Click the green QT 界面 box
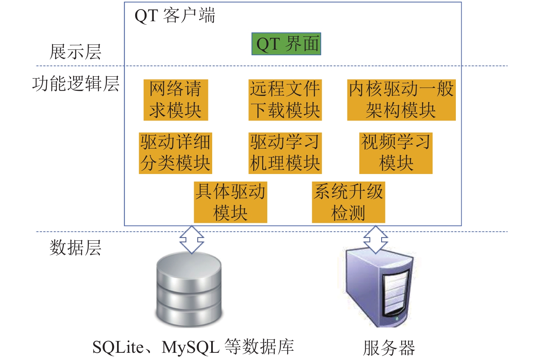coord(286,44)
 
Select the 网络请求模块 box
coord(176,100)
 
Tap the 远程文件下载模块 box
coord(285,100)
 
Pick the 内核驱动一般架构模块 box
coord(401,100)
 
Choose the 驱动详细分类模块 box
coord(176,153)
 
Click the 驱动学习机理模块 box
coord(285,153)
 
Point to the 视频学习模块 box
coord(396,153)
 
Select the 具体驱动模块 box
coord(231,202)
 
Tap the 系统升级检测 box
coord(348,202)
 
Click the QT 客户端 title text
coord(175,16)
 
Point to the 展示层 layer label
coord(75,52)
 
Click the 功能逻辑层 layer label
coord(76,84)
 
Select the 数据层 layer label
coord(75,248)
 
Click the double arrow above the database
coord(192,239)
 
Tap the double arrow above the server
coord(376,239)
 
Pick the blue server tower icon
coord(380,288)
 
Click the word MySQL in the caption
coord(191,347)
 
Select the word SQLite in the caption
coord(118,347)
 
